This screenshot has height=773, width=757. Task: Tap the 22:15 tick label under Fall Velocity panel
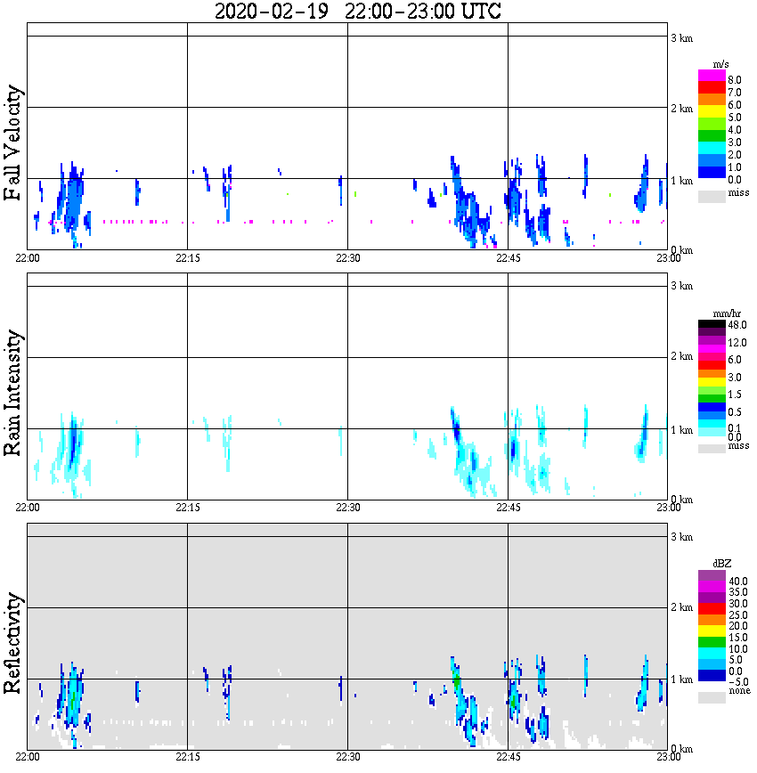(187, 258)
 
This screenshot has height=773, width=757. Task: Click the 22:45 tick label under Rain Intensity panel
(508, 508)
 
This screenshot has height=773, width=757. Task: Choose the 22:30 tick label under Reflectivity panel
(347, 757)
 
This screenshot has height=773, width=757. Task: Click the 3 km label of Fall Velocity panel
(681, 37)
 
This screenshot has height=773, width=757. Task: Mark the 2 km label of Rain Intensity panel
(681, 357)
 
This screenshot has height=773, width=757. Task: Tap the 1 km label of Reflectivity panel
(681, 680)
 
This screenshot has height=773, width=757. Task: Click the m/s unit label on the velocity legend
(722, 64)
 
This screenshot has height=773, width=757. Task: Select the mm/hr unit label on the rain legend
(717, 313)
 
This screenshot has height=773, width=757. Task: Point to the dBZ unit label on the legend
(720, 563)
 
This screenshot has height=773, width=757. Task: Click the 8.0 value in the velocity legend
(735, 80)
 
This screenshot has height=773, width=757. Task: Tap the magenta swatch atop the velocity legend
(712, 76)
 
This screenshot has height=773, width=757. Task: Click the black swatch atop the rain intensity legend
(712, 324)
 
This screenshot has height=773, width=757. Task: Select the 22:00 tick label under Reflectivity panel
(28, 757)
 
